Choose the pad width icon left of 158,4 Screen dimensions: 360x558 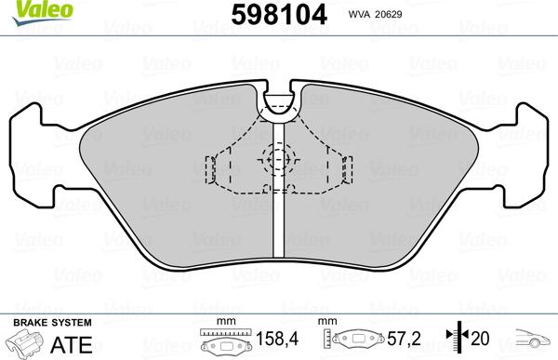tap(223, 343)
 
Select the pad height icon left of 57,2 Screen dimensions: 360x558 tap(352, 343)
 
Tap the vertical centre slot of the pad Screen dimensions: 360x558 tap(279, 223)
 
